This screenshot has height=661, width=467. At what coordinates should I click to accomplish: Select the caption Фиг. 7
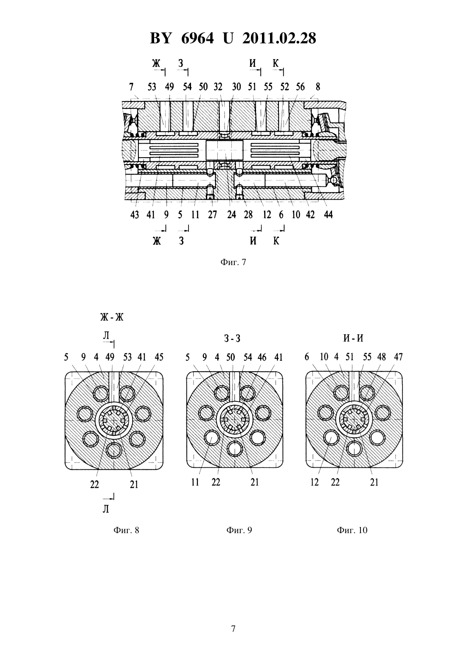[233, 262]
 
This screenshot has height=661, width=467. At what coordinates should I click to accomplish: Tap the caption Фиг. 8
[126, 530]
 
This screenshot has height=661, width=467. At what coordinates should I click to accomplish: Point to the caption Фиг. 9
[239, 530]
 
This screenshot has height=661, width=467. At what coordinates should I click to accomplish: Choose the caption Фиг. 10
[352, 530]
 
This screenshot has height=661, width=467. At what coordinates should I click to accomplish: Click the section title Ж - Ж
[111, 317]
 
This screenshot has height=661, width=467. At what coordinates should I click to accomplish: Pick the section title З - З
[232, 339]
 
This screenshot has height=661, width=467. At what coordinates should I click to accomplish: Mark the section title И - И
[353, 338]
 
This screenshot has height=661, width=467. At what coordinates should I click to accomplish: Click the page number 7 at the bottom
[233, 629]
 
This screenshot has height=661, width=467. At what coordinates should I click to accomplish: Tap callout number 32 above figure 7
[218, 87]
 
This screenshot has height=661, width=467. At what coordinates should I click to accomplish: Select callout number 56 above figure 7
[300, 87]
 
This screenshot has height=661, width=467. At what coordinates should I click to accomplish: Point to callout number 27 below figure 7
[212, 215]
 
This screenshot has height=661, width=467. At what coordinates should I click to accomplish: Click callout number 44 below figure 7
[328, 215]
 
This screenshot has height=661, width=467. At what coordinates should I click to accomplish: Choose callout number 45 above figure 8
[159, 357]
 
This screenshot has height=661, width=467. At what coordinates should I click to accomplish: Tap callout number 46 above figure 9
[262, 357]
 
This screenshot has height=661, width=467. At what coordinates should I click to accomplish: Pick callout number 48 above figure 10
[381, 357]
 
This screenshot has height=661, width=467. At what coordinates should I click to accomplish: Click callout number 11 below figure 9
[195, 482]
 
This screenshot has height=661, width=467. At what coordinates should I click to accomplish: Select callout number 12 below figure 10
[315, 482]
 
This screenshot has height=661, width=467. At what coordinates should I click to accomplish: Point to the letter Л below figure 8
[106, 509]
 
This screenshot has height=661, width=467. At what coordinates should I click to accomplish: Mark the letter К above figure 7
[276, 63]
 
